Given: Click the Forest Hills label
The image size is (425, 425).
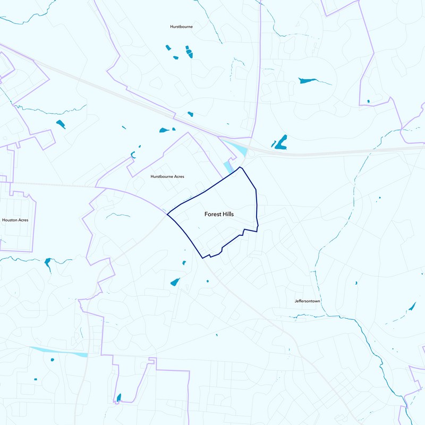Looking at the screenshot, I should pyautogui.click(x=219, y=215).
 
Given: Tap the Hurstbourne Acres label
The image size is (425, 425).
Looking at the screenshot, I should pyautogui.click(x=167, y=176).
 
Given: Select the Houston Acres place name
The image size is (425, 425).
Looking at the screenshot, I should pyautogui.click(x=15, y=219).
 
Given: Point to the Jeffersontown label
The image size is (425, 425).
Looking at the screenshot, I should pyautogui.click(x=308, y=301).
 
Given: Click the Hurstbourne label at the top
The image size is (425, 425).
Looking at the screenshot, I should pyautogui.click(x=181, y=26).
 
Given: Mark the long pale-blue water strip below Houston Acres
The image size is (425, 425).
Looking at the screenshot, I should pyautogui.click(x=58, y=352).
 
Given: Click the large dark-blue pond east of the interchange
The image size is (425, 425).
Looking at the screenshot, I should pyautogui.click(x=280, y=142).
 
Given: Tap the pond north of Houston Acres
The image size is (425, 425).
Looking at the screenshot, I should pyautogui.click(x=61, y=124).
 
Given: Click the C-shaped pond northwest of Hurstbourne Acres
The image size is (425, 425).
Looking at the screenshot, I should pyautogui.click(x=133, y=155).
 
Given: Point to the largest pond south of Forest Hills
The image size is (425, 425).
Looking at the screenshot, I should pyautogui.click(x=175, y=282).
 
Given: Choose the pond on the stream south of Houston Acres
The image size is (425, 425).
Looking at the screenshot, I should pyautogui.click(x=48, y=262).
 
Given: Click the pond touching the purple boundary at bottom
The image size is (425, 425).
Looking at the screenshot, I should pyautogui.click(x=118, y=397).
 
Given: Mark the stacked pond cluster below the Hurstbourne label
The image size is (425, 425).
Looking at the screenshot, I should pyautogui.click(x=189, y=52).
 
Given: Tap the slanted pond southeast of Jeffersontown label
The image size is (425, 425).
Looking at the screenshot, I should pyautogui.click(x=412, y=307).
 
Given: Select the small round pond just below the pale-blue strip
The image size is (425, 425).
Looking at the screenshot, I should pyautogui.click(x=53, y=360).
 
